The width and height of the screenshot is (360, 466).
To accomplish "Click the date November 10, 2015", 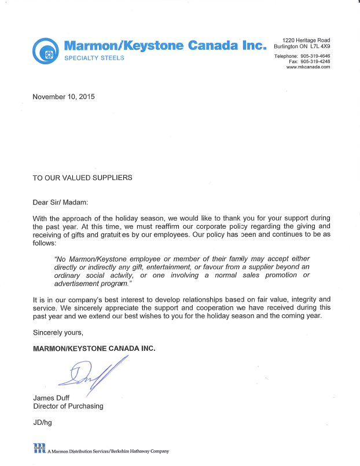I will coord(64,97).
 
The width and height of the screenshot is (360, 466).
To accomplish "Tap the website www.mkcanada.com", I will coord(308,67).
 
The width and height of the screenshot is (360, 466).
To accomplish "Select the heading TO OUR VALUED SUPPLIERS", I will coord(82,178).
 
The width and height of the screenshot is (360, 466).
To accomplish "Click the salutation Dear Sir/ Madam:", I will coord(61,202).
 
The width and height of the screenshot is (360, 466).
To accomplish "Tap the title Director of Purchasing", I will coord(68,406).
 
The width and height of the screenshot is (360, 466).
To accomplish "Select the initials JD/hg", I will coord(43,423).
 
